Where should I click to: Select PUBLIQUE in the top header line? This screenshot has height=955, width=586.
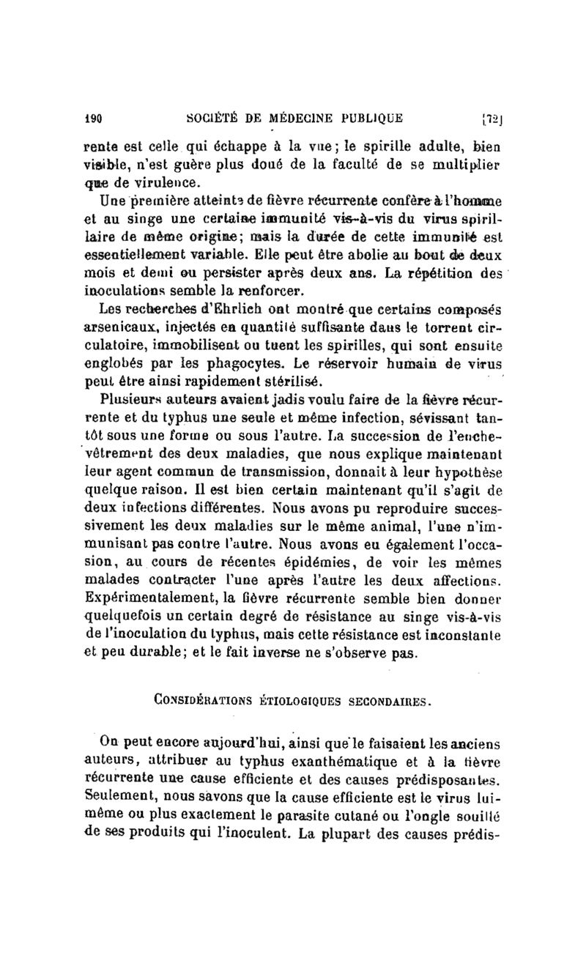[x=376, y=116]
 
